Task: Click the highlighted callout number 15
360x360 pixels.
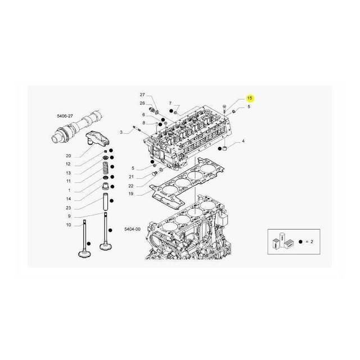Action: [x=250, y=98]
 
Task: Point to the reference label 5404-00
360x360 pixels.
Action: [x=132, y=229]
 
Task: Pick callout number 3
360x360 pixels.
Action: [x=121, y=132]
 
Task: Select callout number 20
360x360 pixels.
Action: [x=68, y=156]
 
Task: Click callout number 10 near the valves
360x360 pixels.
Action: [x=69, y=225]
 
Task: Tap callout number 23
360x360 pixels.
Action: [x=68, y=208]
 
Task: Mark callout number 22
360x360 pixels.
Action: [x=130, y=186]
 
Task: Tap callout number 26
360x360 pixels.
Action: [x=142, y=103]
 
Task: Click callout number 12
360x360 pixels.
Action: [x=68, y=164]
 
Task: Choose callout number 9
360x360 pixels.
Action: [x=68, y=217]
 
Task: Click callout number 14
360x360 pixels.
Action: [x=68, y=199]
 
